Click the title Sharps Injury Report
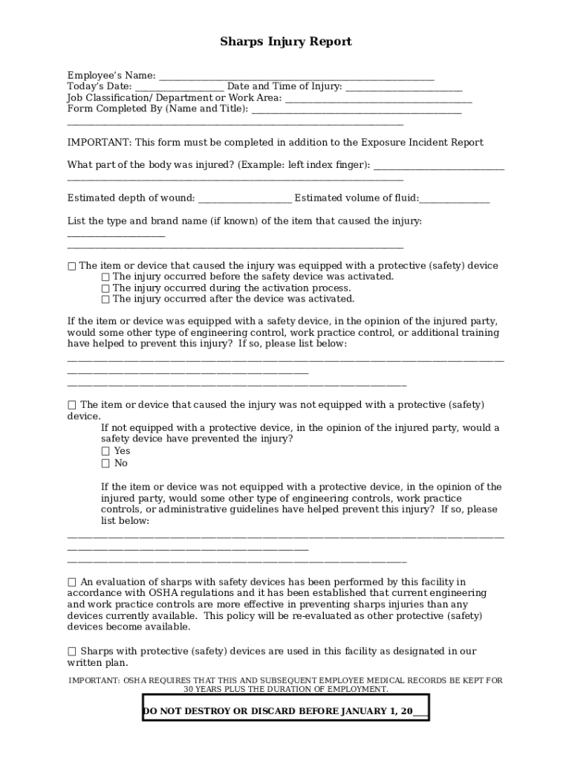[x=285, y=42]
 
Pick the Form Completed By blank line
[x=356, y=110]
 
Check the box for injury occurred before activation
[x=105, y=277]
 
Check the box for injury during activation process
[x=105, y=288]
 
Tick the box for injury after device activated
[x=105, y=299]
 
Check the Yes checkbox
[x=105, y=451]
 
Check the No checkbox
[x=105, y=464]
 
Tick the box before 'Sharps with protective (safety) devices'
[x=72, y=652]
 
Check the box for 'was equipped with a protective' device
[x=72, y=266]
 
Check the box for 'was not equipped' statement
[x=72, y=405]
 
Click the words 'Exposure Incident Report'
[x=422, y=142]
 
